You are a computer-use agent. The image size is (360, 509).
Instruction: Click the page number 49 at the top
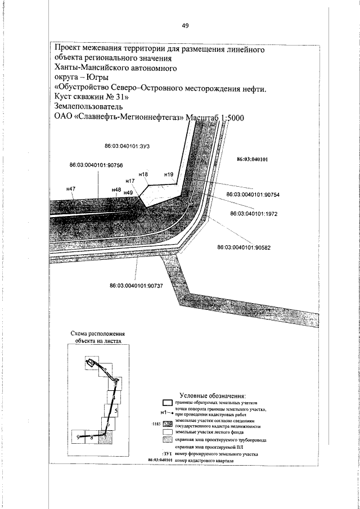tap(186, 25)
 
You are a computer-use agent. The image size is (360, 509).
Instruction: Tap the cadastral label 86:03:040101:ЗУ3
tap(130, 146)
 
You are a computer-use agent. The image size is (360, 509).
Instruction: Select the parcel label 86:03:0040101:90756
tap(96, 165)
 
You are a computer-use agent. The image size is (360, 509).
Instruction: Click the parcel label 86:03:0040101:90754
tap(253, 195)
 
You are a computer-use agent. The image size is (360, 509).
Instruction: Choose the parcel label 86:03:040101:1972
tap(255, 214)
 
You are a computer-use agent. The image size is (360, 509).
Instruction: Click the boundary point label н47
tap(71, 188)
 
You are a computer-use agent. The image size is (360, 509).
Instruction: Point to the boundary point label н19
tap(168, 175)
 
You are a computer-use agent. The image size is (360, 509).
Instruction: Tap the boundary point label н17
tap(130, 181)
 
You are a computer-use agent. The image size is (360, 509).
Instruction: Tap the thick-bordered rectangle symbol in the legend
tap(166, 403)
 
